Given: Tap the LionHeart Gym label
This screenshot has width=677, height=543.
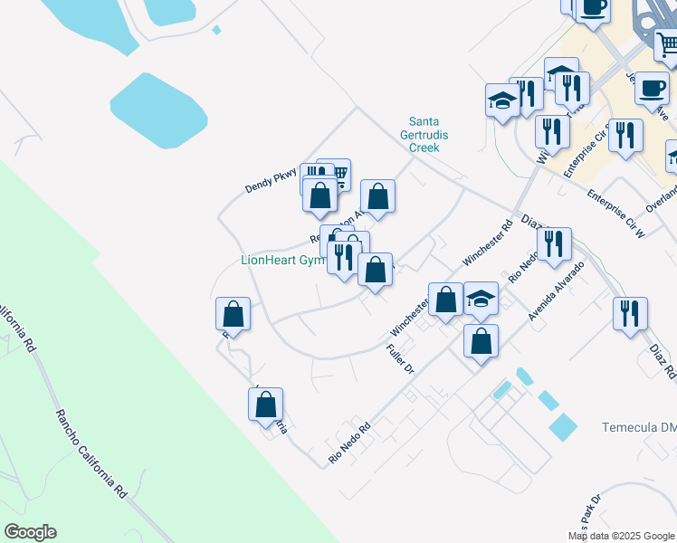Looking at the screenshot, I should coord(282,260).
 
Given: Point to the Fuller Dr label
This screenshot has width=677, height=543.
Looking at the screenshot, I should coord(399,359).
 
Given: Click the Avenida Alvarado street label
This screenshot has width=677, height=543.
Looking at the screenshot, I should coord(557,290).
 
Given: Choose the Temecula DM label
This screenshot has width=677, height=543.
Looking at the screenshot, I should coord(639,427).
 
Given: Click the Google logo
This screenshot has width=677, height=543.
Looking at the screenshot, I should coord(30,532).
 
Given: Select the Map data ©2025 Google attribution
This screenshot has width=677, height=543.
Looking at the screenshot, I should coord(622,536).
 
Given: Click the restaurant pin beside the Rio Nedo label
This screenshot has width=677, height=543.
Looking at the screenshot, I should coord(554,243).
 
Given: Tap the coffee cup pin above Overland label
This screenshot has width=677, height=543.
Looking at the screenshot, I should coord(652,89).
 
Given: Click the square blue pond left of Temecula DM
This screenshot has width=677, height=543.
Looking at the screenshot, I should coord(562,426).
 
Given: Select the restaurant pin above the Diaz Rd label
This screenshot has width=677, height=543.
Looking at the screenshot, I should coord(629,313).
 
